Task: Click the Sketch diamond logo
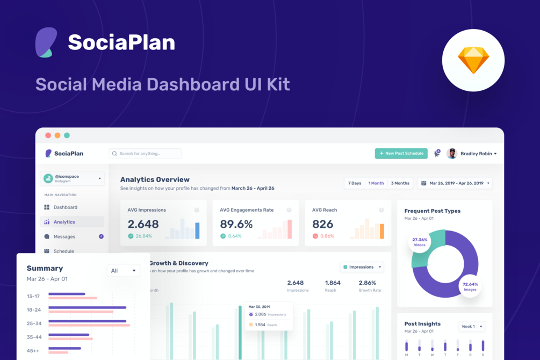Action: pos(473,60)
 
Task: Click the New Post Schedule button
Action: pos(401,154)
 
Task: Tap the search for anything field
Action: pos(145,154)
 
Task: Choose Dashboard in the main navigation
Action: pos(65,207)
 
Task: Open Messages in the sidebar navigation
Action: pos(64,236)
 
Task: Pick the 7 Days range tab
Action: pos(355,183)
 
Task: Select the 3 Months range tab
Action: pos(400,183)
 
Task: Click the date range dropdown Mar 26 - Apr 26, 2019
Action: pos(455,183)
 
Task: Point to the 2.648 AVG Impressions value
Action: pos(143,225)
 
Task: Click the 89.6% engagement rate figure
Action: pos(236,225)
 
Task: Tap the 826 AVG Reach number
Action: pos(322,225)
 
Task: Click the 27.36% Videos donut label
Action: pos(420,242)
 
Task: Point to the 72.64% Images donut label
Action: pos(470,287)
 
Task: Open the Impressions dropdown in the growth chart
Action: pos(362,267)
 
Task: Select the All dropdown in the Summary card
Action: pos(123,271)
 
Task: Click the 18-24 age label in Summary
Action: pos(33,310)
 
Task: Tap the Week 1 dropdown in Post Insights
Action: pos(472,327)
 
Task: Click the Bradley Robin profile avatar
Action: pos(452,154)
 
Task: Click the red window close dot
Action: pos(48,135)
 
